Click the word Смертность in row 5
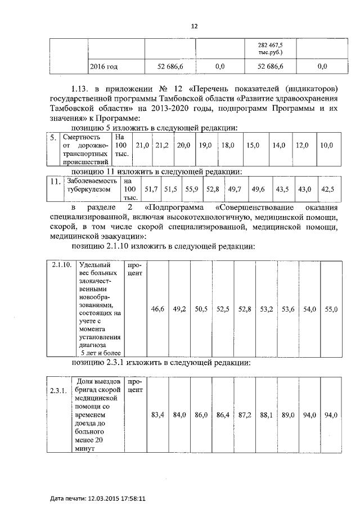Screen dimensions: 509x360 point(82,137)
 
